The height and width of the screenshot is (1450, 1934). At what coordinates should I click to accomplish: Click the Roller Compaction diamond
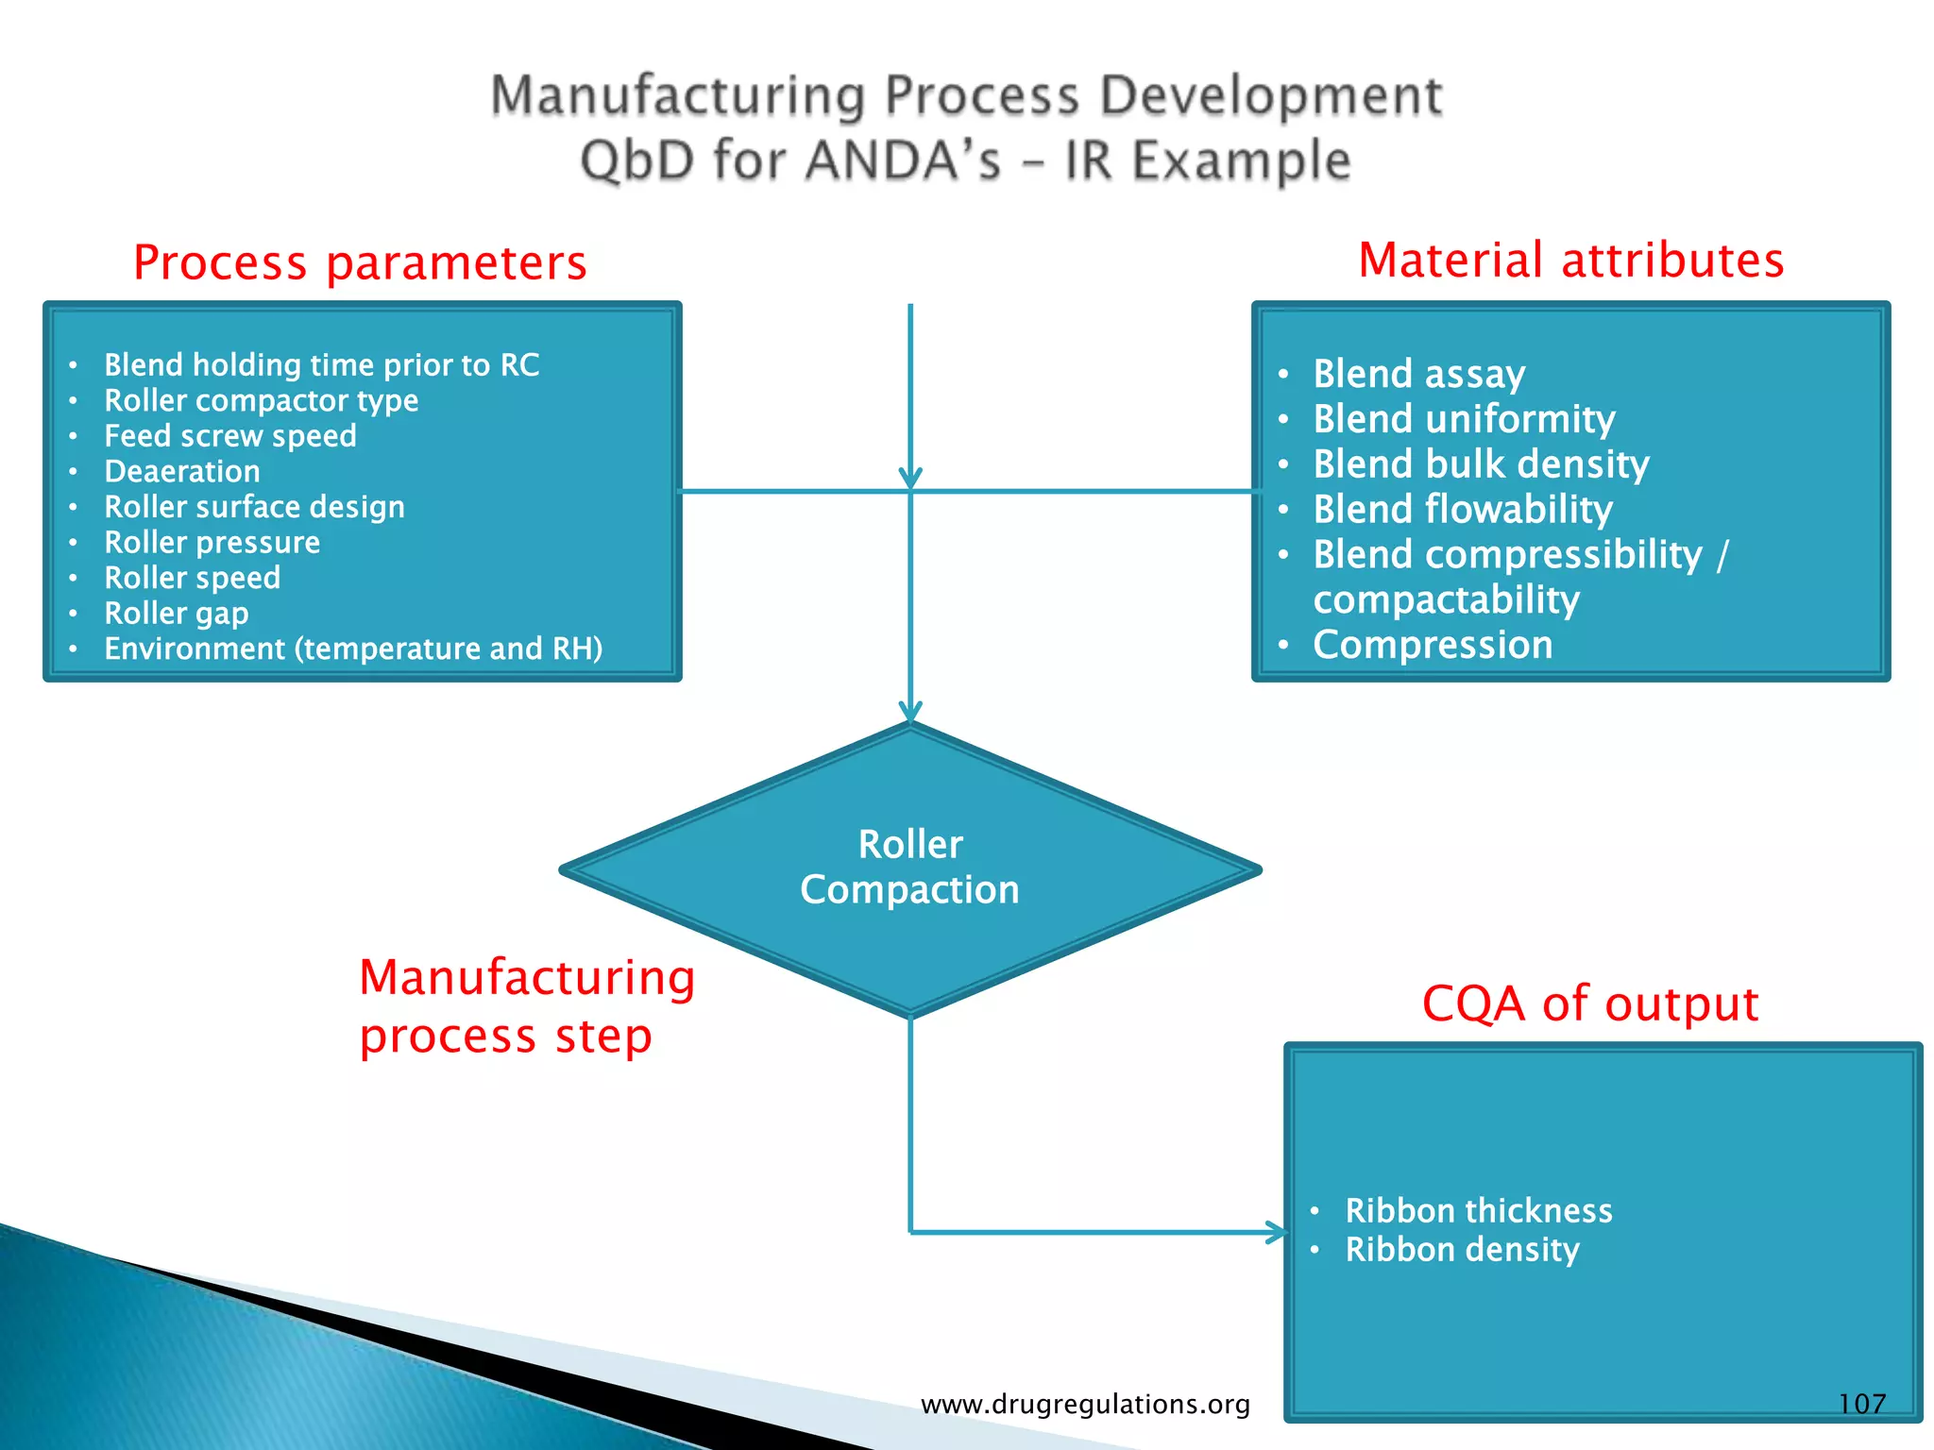coord(909,868)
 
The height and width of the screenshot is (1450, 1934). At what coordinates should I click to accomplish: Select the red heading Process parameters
coord(360,262)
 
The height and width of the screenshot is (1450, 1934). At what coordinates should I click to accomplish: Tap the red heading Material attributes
coord(1570,260)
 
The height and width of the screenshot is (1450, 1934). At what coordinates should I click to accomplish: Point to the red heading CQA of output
coord(1589,1003)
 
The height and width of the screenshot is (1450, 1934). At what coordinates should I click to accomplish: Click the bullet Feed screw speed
coord(229,436)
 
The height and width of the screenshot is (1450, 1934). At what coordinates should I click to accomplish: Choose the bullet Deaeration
coord(181,471)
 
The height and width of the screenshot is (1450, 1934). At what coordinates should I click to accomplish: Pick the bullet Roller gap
coord(176,614)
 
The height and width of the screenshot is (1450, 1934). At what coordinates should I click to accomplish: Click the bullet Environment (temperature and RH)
coord(352,649)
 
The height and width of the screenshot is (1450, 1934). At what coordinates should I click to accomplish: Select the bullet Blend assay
coord(1418,374)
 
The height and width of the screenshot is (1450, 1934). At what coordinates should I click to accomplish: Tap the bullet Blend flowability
coord(1462,510)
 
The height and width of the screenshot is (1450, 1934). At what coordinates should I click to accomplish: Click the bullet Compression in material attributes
coord(1432,645)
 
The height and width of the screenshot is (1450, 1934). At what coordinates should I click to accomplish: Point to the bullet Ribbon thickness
coord(1478,1210)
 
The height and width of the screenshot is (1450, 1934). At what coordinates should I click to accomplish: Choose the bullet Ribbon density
coord(1461,1250)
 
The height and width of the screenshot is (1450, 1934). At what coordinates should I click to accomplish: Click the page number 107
coord(1861,1404)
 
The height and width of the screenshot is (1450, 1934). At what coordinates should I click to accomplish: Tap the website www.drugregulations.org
coord(1085,1405)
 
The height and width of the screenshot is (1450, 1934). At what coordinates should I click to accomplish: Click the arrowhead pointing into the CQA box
coord(1277,1232)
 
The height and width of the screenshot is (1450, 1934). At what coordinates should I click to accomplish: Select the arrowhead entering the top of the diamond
coord(910,712)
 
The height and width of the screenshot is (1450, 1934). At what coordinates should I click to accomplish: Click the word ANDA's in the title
coord(903,160)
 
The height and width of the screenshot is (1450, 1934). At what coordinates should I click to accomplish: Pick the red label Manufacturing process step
coord(526,1006)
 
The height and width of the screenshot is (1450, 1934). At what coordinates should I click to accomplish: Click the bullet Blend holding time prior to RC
coord(321,365)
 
